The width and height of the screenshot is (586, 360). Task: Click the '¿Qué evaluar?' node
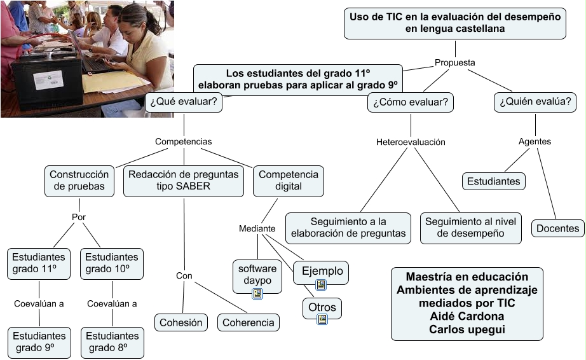point(184,102)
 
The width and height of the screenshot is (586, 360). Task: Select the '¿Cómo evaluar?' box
point(411,102)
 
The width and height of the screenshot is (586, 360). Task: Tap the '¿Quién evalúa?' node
point(535,102)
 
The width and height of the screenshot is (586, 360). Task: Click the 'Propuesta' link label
point(454,62)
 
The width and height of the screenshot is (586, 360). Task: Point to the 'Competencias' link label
point(184,141)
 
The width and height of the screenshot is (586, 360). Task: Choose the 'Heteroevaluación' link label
point(411,142)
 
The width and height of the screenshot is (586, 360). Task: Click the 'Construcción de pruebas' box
point(79,181)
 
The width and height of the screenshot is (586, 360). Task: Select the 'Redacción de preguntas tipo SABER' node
point(184,181)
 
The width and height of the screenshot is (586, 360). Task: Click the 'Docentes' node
point(557,228)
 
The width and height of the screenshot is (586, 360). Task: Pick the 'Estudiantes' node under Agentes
point(493,181)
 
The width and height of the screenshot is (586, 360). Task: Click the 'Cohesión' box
point(181,322)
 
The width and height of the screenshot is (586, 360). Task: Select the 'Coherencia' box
point(249,322)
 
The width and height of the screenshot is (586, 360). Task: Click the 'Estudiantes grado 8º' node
point(112,342)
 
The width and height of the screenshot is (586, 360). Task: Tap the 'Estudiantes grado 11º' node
point(39,263)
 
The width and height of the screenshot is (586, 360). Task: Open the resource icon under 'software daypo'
point(257,293)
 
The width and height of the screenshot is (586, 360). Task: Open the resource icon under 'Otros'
point(322,319)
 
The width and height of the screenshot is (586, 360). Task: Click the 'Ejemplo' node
point(322,271)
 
